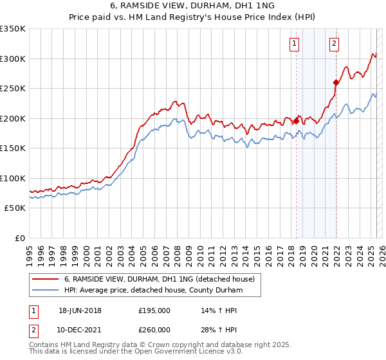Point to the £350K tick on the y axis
13,29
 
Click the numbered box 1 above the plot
294,44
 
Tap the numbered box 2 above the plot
335,44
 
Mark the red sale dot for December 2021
336,82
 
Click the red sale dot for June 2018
296,121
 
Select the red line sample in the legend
46,279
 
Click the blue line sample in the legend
46,290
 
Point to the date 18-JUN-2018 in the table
80,310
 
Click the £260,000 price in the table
154,329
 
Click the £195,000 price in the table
154,310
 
